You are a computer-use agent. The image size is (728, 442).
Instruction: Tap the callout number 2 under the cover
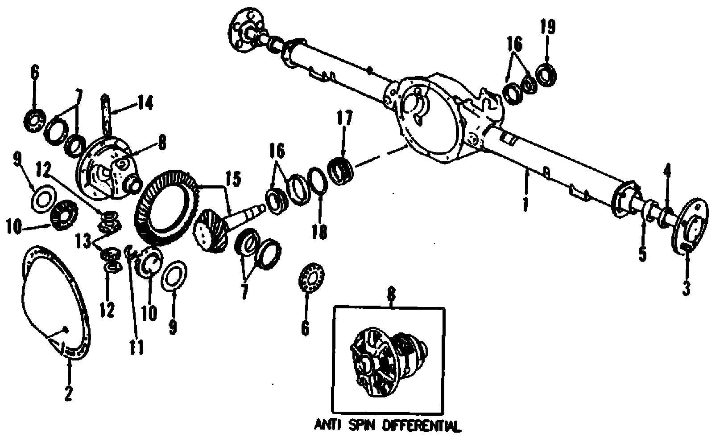[68, 393]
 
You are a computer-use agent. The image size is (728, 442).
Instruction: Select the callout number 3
[687, 287]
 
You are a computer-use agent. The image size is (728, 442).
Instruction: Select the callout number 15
[233, 179]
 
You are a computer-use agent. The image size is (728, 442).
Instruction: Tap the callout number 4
[667, 170]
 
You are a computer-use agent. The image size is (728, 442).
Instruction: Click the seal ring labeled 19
[546, 74]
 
